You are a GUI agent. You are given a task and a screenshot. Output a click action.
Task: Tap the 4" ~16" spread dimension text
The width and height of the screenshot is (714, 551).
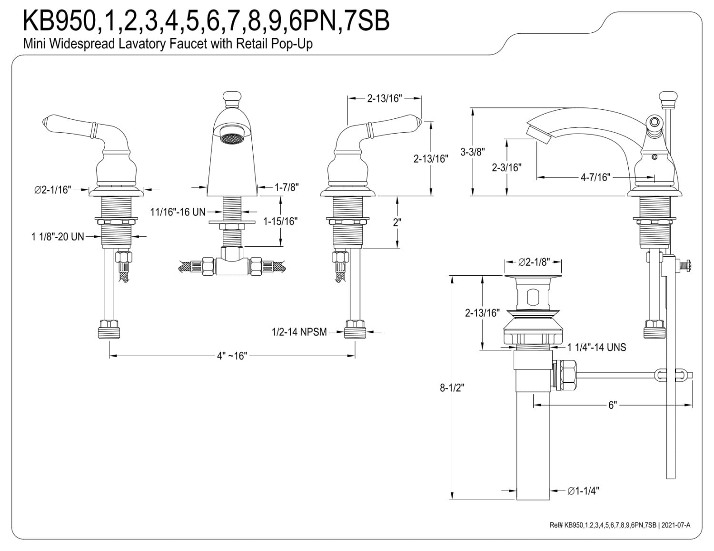232,356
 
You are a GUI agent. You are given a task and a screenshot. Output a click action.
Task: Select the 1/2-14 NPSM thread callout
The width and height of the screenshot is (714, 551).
299,332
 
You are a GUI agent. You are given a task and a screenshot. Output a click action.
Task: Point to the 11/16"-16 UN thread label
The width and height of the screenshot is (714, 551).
178,212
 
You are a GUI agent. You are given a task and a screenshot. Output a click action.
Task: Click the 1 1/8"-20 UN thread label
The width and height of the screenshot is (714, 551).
58,237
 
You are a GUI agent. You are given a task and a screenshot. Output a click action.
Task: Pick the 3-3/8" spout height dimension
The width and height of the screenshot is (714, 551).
473,152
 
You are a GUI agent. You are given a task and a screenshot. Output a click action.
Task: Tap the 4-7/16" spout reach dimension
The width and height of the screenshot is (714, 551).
595,177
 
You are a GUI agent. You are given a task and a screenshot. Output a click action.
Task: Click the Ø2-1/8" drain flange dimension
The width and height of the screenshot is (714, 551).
534,262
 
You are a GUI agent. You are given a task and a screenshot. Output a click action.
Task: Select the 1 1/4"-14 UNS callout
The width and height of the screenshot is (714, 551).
597,347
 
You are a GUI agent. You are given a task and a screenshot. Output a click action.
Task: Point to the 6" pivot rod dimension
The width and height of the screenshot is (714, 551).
613,405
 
